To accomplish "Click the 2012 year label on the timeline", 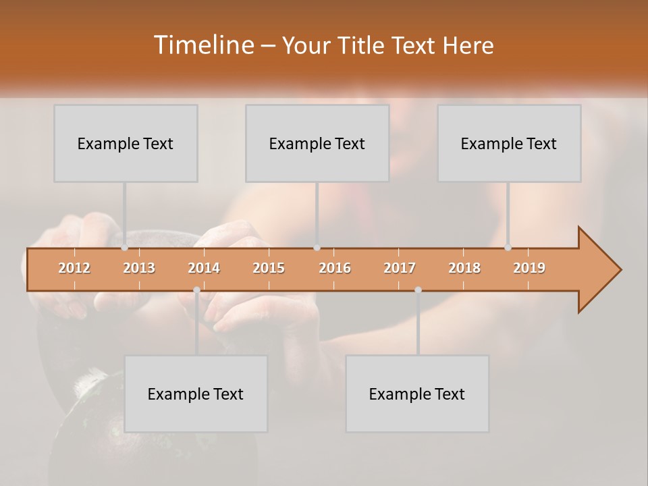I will pyautogui.click(x=74, y=268).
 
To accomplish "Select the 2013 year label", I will pyautogui.click(x=139, y=268).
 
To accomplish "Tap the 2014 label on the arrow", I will pyautogui.click(x=204, y=268).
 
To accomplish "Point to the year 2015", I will pyautogui.click(x=269, y=268).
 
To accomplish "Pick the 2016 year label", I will pyautogui.click(x=335, y=268).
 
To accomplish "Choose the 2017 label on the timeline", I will pyautogui.click(x=400, y=268).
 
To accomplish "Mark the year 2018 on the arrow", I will pyautogui.click(x=464, y=268).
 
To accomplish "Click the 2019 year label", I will pyautogui.click(x=529, y=268).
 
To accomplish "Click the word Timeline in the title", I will pyautogui.click(x=202, y=45).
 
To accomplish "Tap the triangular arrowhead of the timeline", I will pyautogui.click(x=597, y=269).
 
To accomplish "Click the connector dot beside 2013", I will pyautogui.click(x=124, y=248).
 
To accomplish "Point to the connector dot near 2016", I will pyautogui.click(x=317, y=248).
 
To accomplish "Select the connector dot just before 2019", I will pyautogui.click(x=508, y=248).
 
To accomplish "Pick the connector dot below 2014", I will pyautogui.click(x=196, y=290).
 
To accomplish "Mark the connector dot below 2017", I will pyautogui.click(x=418, y=290).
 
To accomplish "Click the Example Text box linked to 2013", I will pyautogui.click(x=126, y=143).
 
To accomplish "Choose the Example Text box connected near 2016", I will pyautogui.click(x=317, y=143).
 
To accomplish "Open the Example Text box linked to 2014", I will pyautogui.click(x=196, y=394).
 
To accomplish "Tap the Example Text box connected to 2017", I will pyautogui.click(x=417, y=394).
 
